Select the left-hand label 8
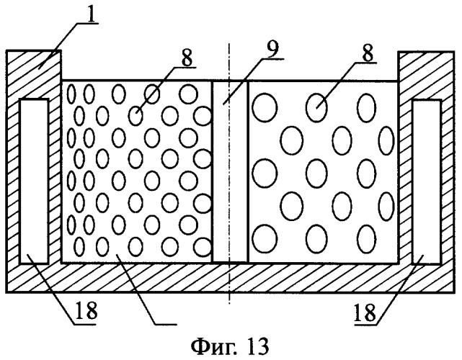point(187,58)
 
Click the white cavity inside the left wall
point(34,180)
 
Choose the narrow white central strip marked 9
point(230,171)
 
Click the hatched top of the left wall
point(32,68)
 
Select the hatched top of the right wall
point(426,68)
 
